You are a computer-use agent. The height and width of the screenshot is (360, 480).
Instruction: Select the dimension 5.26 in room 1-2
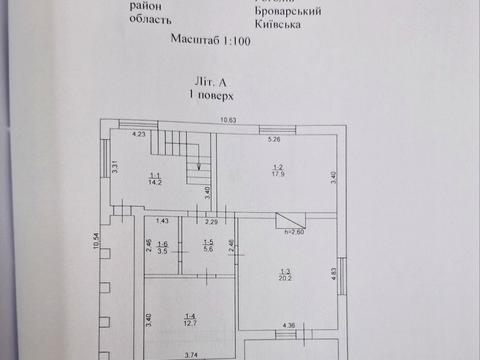274,139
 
